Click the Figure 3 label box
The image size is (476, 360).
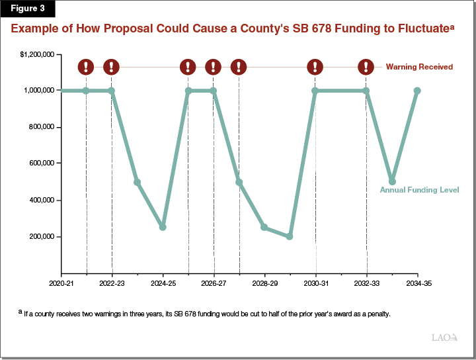click(x=27, y=9)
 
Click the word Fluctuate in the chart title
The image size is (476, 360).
click(x=415, y=30)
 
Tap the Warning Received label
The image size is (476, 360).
click(x=419, y=67)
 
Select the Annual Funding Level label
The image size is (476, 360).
click(x=419, y=190)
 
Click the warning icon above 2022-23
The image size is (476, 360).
click(x=112, y=67)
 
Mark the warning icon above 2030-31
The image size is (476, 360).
click(x=315, y=67)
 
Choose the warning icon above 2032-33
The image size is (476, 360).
click(x=366, y=67)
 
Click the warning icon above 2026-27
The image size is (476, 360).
click(x=214, y=67)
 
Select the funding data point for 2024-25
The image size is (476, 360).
click(x=163, y=227)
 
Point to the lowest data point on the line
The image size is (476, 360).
click(x=290, y=236)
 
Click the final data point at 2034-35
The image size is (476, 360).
click(x=417, y=91)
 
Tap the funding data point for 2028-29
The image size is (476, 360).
click(x=264, y=227)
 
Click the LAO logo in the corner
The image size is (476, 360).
click(x=444, y=337)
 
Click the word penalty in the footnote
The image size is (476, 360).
click(x=376, y=314)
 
